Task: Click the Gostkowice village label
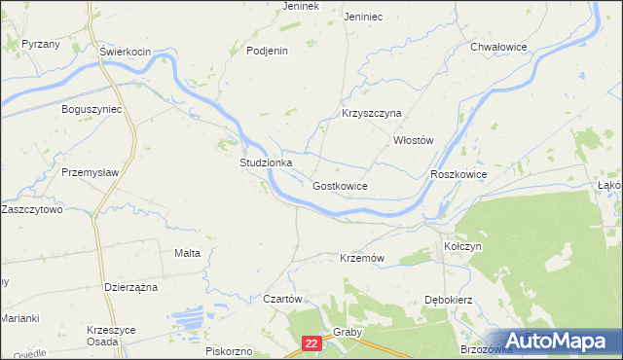click(x=340, y=185)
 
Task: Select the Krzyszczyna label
click(x=372, y=113)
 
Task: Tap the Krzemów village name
click(x=363, y=258)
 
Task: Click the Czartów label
click(x=285, y=299)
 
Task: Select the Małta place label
click(x=187, y=253)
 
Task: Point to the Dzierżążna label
click(x=129, y=287)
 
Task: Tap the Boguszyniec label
click(x=92, y=109)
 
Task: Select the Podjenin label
click(x=268, y=51)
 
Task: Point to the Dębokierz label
click(x=448, y=300)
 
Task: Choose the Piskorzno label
click(x=230, y=350)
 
